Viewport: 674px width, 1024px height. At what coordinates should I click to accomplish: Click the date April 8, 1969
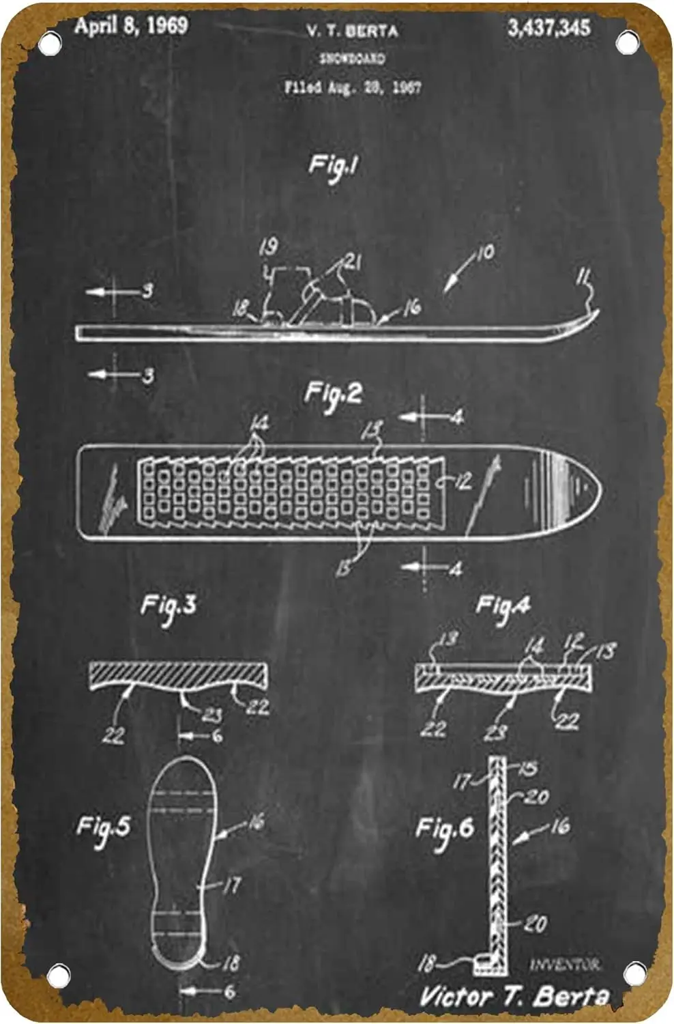point(131,26)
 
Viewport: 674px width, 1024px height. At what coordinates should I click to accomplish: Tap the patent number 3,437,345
point(548,27)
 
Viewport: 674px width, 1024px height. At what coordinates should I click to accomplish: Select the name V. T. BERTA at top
point(352,30)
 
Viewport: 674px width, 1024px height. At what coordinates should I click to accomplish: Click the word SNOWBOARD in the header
point(352,59)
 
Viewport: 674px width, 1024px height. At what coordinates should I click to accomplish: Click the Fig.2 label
point(333,395)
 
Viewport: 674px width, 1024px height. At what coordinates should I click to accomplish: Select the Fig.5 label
point(103,827)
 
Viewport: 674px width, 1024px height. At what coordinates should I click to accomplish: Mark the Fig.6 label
point(445,829)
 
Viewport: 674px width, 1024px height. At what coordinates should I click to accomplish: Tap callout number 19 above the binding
point(268,247)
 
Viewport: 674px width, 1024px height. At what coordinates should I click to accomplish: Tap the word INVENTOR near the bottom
point(565,965)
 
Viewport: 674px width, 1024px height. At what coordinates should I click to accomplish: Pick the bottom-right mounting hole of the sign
point(634,973)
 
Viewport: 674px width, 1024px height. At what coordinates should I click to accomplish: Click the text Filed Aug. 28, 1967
point(352,87)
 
